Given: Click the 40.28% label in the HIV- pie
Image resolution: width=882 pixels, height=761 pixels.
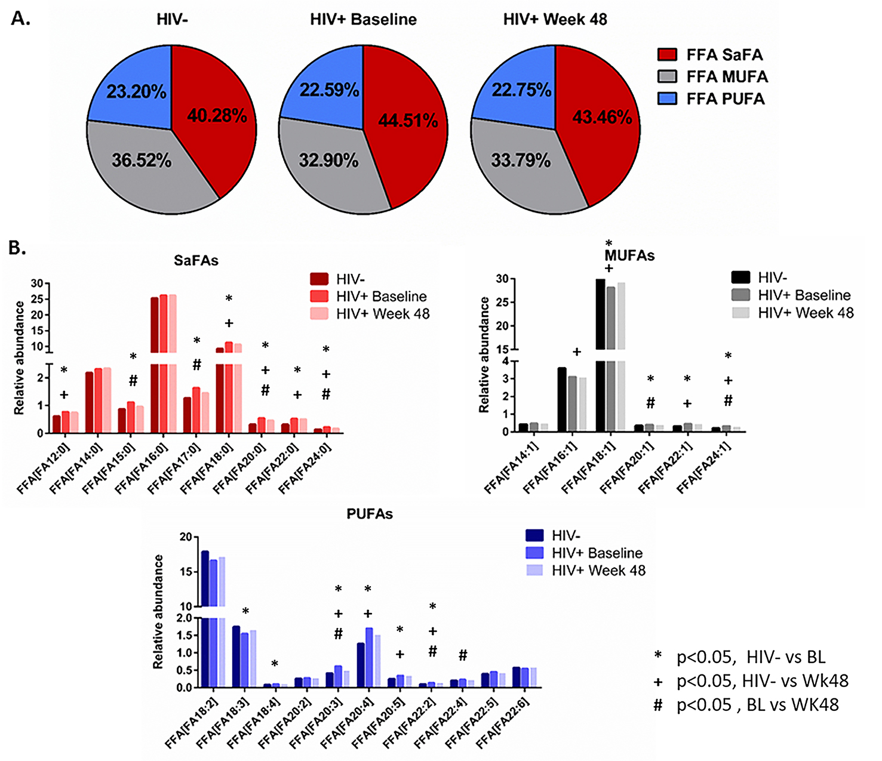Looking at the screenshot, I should pyautogui.click(x=217, y=116).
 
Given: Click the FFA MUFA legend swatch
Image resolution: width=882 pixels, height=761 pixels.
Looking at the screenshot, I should pyautogui.click(x=667, y=77).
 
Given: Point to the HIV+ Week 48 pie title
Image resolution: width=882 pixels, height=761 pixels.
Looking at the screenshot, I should pyautogui.click(x=555, y=20).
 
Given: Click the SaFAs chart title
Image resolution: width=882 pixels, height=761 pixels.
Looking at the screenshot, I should pyautogui.click(x=196, y=261).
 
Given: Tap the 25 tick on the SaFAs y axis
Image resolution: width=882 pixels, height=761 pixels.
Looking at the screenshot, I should pyautogui.click(x=36, y=299).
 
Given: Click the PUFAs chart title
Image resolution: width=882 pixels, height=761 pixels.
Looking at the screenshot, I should pyautogui.click(x=370, y=514).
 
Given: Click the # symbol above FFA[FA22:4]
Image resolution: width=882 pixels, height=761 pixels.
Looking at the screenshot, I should pyautogui.click(x=463, y=656).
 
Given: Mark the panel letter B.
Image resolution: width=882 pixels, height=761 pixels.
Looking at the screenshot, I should pyautogui.click(x=17, y=248).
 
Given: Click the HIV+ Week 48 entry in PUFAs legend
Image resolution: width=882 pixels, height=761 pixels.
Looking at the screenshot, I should pyautogui.click(x=598, y=571).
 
